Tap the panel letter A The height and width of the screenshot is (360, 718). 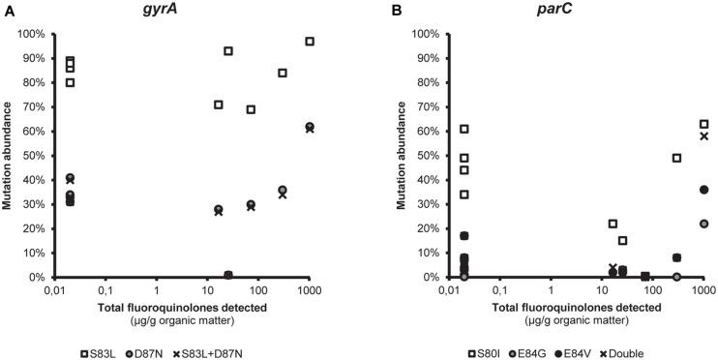point(7,10)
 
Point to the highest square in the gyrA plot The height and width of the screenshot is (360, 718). point(310,42)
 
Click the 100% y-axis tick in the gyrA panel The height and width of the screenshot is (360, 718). point(36,34)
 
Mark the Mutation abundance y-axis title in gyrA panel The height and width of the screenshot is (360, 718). point(8,155)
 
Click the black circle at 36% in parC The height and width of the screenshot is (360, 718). point(704,190)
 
